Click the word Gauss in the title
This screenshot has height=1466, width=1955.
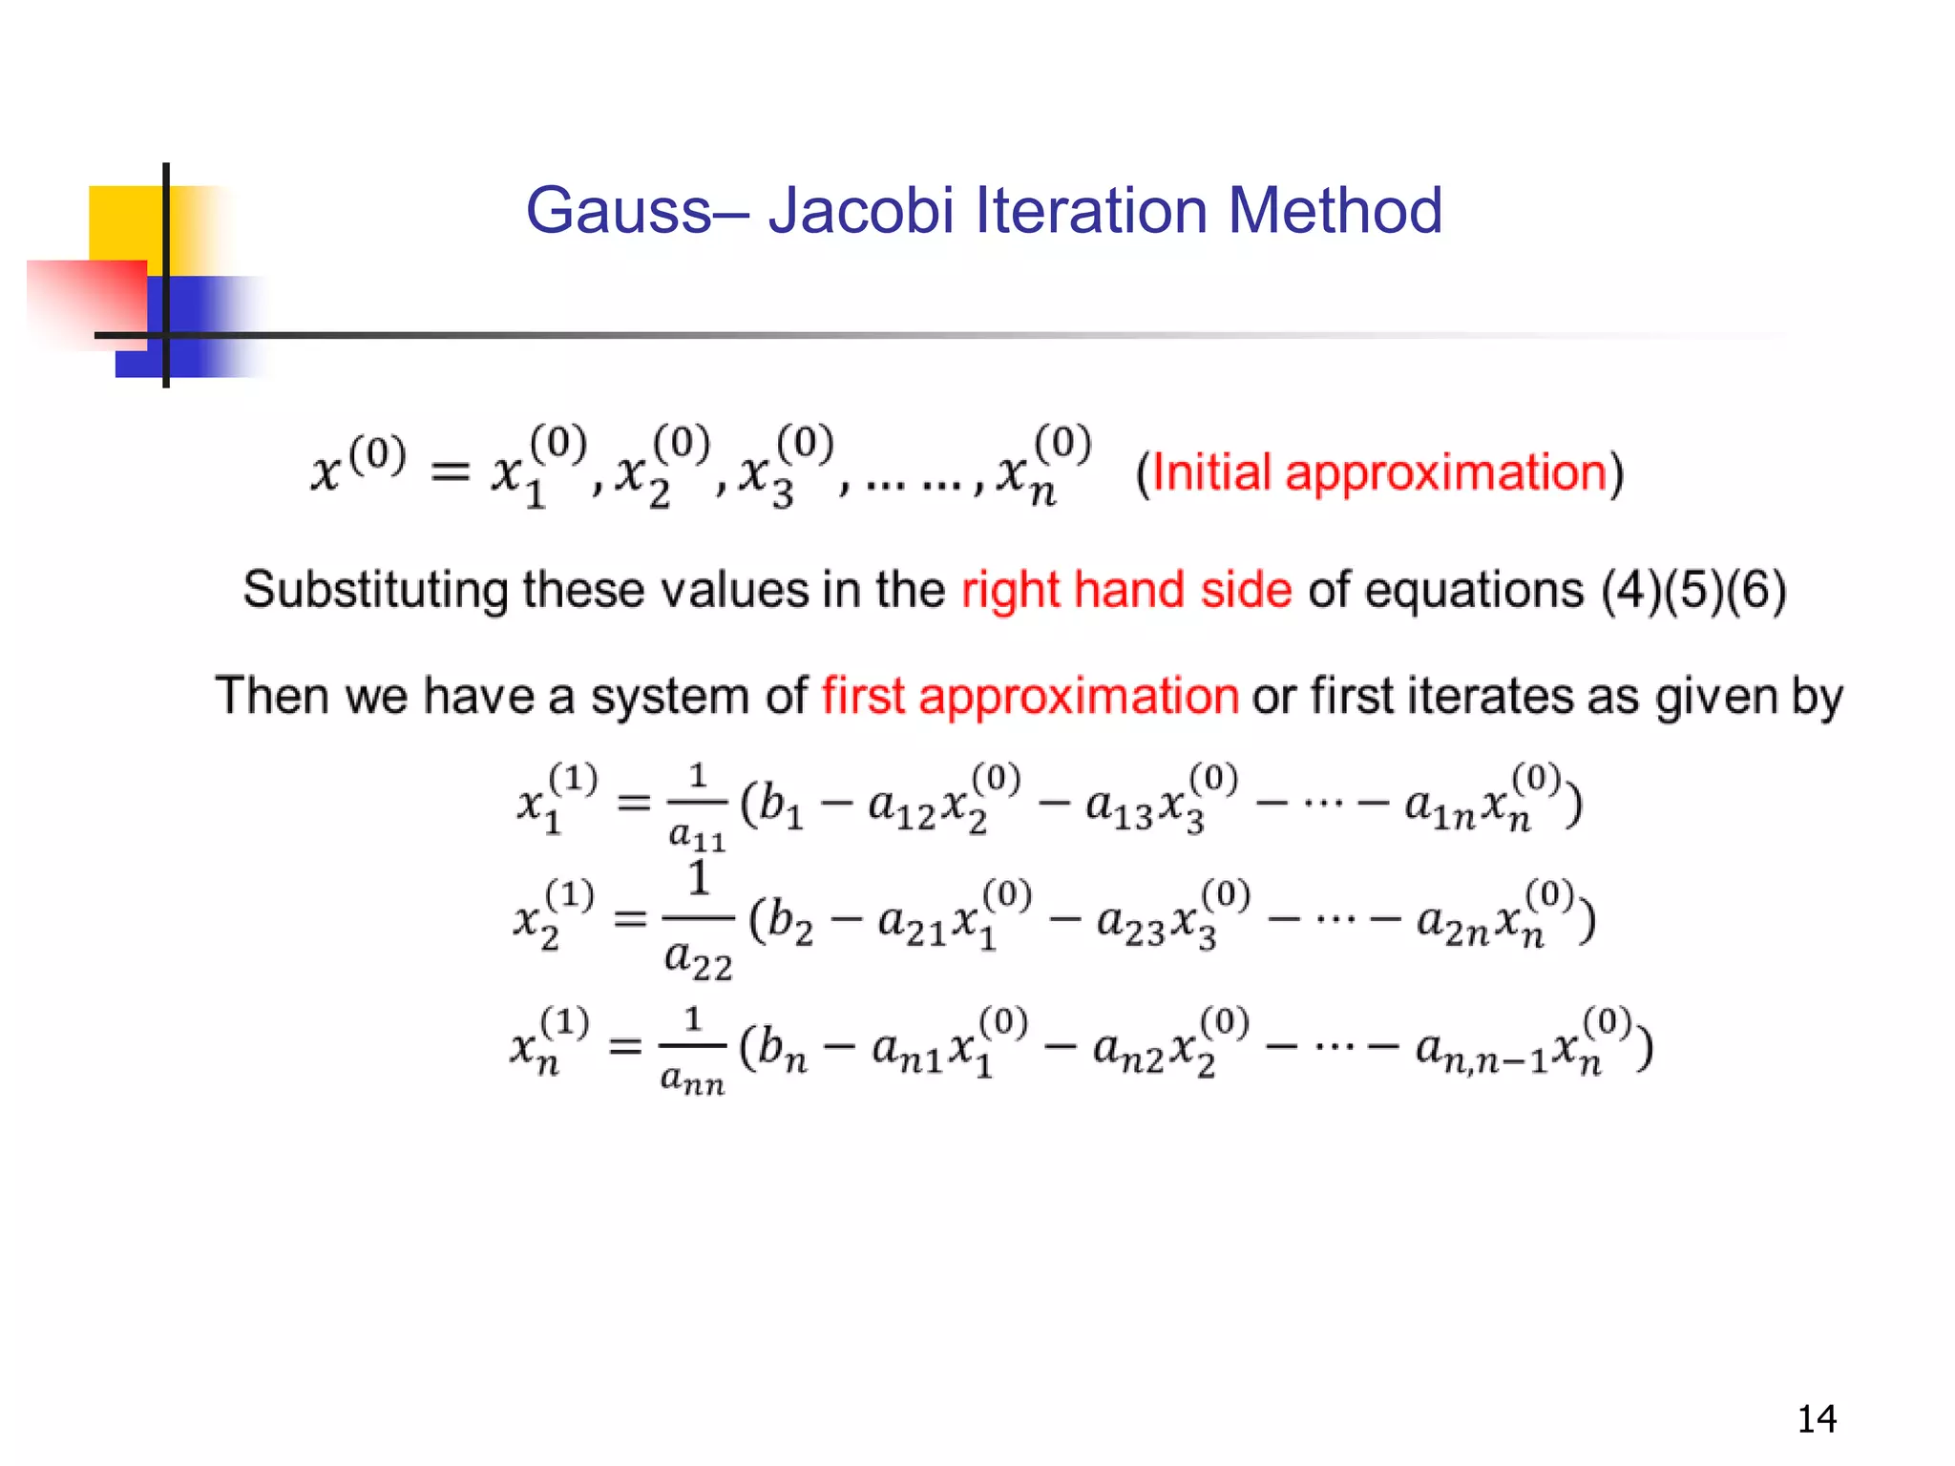[x=619, y=211]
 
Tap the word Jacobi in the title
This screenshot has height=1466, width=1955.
[x=861, y=211]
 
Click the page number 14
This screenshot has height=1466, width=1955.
[x=1817, y=1419]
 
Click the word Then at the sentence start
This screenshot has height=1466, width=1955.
[x=273, y=695]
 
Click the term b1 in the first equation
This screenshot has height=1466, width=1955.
[x=780, y=806]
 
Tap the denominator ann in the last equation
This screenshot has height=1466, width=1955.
[x=692, y=1080]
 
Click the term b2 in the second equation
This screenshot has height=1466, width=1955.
[x=790, y=923]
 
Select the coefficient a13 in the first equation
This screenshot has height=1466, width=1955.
[x=1120, y=808]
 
